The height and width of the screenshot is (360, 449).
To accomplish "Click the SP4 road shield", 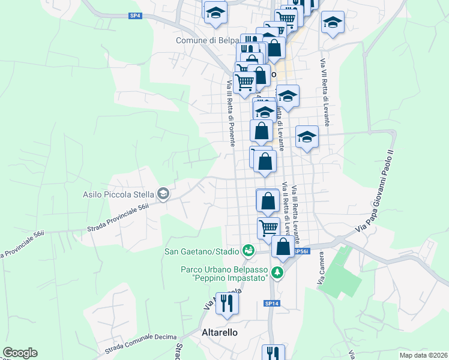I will coord(135,16).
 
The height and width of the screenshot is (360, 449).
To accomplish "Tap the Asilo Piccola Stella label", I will coord(119,194).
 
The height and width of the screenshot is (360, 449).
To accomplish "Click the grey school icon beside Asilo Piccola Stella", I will coord(163,194).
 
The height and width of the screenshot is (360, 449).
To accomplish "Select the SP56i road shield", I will coord(301,252).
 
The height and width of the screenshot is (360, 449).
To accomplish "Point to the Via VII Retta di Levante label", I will coord(325,92).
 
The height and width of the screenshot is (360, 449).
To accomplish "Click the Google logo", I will coord(20,353).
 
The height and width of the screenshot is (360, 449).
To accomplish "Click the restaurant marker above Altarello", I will coord(227,304).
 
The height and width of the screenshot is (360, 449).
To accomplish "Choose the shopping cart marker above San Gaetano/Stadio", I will coord(268,228).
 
